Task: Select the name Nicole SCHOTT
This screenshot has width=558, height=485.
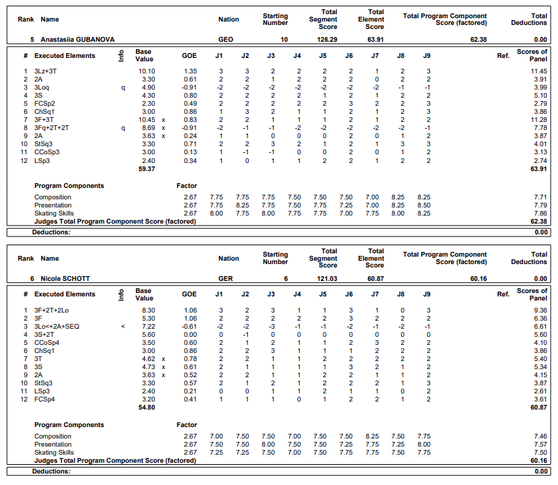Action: click(x=65, y=278)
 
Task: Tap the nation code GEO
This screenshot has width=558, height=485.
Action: click(x=226, y=40)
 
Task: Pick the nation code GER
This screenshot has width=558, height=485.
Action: click(x=226, y=278)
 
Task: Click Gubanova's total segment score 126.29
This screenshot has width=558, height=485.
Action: click(x=328, y=40)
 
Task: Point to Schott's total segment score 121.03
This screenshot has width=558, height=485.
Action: click(x=328, y=278)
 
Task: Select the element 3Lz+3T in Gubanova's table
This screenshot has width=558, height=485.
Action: click(x=46, y=71)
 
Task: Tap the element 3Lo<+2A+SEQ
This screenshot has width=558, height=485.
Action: click(x=57, y=325)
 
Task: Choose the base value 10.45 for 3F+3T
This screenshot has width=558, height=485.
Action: click(x=147, y=120)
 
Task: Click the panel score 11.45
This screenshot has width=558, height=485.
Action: click(x=538, y=71)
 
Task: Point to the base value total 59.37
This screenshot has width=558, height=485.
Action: click(x=146, y=169)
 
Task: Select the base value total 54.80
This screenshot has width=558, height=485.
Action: click(x=146, y=408)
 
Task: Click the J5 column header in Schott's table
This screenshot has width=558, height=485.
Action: click(x=323, y=294)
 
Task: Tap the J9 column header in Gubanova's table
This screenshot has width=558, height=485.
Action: click(x=427, y=56)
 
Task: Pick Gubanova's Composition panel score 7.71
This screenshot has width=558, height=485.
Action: click(x=540, y=197)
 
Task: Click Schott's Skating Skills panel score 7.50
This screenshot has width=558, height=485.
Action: click(x=540, y=453)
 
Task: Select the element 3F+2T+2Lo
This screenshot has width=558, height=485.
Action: click(x=51, y=310)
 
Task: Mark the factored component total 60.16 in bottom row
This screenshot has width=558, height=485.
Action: click(x=538, y=461)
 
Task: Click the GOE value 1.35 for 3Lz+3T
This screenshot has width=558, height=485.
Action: click(x=190, y=71)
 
